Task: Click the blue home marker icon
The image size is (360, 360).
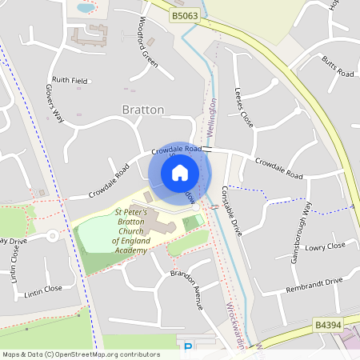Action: click(180, 171)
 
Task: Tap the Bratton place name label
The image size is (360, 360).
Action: click(142, 109)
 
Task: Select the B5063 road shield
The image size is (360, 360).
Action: click(185, 15)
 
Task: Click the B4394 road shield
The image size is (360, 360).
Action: click(328, 326)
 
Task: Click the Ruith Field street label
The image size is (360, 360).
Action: click(70, 80)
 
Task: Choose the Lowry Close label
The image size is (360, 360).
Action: click(325, 246)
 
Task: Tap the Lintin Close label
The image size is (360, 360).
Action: click(42, 289)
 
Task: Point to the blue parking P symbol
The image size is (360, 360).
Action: click(189, 347)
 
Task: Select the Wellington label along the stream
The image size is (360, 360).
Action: click(213, 118)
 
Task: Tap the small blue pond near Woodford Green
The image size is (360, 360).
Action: click(85, 8)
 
